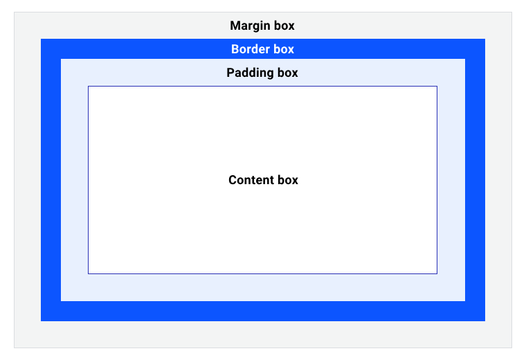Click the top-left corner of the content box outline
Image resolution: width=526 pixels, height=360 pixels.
click(88, 87)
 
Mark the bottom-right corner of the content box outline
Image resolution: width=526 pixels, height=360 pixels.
click(437, 273)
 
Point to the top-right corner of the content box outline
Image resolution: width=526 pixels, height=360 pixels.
click(437, 87)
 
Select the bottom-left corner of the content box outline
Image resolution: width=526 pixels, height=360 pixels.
click(88, 273)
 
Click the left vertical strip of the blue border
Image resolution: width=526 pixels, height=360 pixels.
click(51, 180)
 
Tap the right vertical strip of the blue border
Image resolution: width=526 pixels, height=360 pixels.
click(475, 180)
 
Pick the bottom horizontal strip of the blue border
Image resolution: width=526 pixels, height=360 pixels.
click(263, 311)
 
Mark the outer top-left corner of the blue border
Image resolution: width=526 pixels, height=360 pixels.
click(41, 39)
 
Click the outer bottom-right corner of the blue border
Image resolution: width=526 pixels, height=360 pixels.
click(485, 321)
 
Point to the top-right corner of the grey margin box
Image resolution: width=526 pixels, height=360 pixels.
click(511, 12)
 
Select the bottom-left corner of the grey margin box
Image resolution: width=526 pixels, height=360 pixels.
click(14, 348)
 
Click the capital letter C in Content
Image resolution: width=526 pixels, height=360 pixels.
click(233, 180)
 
